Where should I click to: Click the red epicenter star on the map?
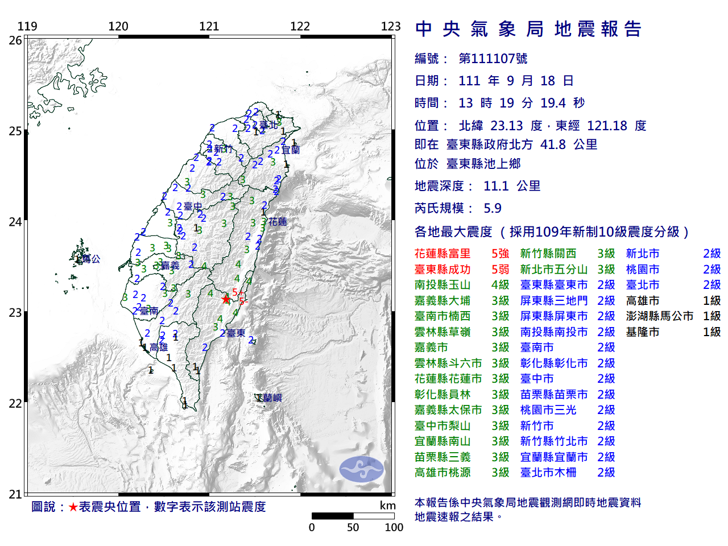point(226,299)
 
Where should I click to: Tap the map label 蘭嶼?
point(272,398)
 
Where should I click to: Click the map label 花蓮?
point(278,221)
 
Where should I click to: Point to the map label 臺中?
point(193,206)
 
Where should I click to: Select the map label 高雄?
point(159,347)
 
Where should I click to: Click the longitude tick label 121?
point(209,26)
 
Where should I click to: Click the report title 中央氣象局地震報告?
point(528,29)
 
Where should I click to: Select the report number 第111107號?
point(493,59)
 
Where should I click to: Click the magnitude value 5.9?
point(492,208)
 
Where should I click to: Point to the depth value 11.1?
point(495,186)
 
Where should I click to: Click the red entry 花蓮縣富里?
point(442,254)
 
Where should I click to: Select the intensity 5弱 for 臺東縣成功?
point(500,270)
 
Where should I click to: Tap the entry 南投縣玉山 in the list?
point(442,285)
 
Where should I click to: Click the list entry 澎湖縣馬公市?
point(659,316)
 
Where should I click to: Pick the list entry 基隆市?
point(643,332)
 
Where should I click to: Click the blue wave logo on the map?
point(362,469)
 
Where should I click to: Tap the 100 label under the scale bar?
point(394,527)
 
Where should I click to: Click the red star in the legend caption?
point(73,507)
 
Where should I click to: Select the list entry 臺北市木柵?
point(548,472)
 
